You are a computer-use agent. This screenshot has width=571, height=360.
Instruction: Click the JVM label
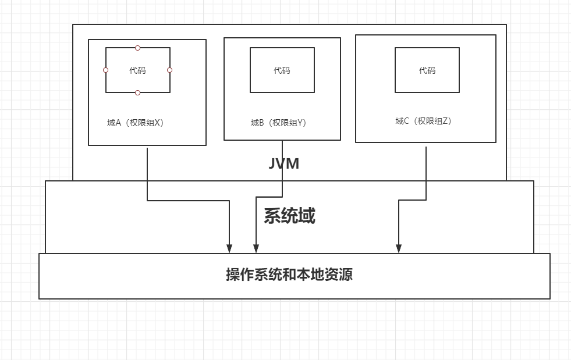click(x=284, y=163)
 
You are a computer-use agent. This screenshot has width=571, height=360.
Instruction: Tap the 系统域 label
click(x=289, y=216)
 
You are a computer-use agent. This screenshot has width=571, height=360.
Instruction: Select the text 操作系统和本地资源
click(x=289, y=274)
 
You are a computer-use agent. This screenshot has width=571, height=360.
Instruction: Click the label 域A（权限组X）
click(x=136, y=123)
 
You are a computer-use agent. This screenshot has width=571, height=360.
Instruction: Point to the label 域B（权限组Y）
click(x=279, y=123)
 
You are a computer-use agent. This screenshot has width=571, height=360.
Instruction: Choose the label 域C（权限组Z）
click(x=424, y=121)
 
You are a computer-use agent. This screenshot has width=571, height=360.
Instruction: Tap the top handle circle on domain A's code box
click(x=138, y=48)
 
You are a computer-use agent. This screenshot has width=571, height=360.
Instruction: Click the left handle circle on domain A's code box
click(x=105, y=70)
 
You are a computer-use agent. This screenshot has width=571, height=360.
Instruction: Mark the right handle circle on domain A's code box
click(x=170, y=70)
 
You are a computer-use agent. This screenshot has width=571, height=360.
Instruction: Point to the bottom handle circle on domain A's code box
click(x=138, y=92)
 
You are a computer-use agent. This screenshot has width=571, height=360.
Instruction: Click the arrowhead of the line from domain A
click(x=230, y=249)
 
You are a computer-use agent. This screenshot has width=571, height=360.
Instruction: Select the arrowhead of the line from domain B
click(x=256, y=249)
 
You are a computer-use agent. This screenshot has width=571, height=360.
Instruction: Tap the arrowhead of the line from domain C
click(x=399, y=249)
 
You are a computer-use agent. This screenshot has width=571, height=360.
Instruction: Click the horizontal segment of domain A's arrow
click(x=189, y=201)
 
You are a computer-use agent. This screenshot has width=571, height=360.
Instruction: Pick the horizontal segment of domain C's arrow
click(x=412, y=200)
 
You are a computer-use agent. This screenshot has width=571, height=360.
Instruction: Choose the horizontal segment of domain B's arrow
click(x=269, y=196)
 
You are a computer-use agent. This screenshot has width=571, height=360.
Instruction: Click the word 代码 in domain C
click(x=427, y=70)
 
